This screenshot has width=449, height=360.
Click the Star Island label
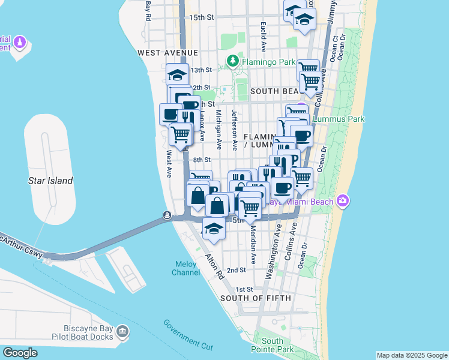(x=51, y=181)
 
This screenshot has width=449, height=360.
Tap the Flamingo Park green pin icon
(x=232, y=61)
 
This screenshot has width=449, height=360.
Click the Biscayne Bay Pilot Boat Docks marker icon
(x=122, y=331)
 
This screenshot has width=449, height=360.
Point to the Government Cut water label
(x=188, y=332)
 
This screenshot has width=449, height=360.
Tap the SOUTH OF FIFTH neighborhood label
(x=256, y=298)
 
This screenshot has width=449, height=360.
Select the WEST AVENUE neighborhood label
(x=168, y=53)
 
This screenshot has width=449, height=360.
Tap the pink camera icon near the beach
(x=342, y=200)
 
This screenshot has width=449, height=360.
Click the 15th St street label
(x=202, y=17)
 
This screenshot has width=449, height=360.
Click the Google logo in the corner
(x=20, y=353)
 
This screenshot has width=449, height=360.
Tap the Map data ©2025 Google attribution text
(x=411, y=355)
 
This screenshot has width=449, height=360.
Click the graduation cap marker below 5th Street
(x=213, y=229)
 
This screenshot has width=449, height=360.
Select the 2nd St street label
(x=236, y=271)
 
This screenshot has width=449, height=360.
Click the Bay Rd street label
(x=147, y=11)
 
